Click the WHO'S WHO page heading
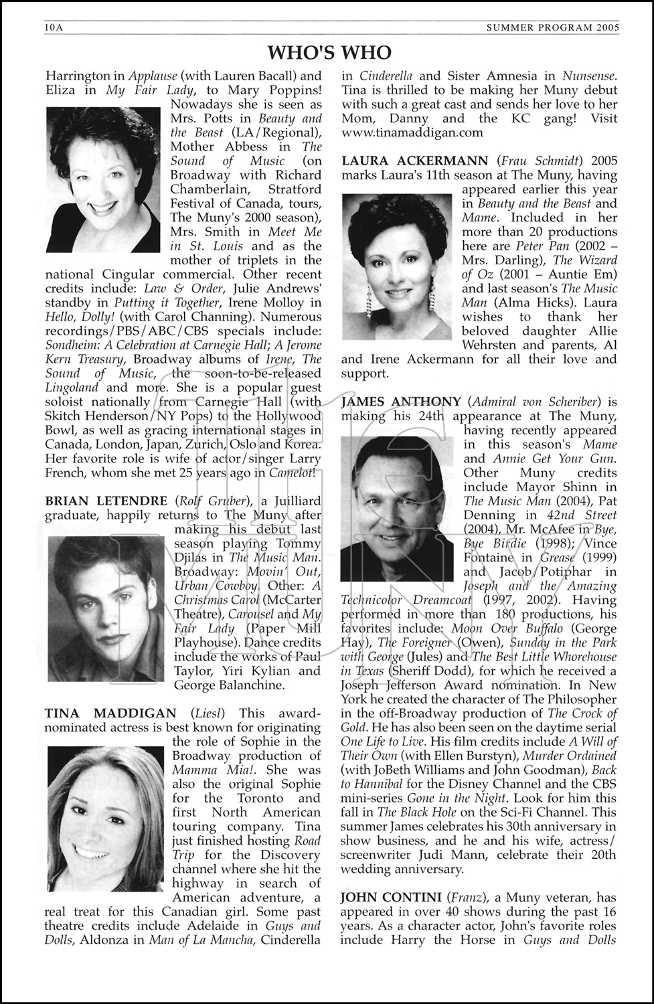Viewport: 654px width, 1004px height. tap(329, 52)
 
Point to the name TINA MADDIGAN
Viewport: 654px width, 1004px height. tap(110, 714)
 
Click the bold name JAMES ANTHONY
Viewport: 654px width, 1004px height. tap(401, 402)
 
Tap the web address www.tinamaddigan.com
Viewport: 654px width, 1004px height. tap(412, 132)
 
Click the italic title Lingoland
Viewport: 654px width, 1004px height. tap(72, 388)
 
